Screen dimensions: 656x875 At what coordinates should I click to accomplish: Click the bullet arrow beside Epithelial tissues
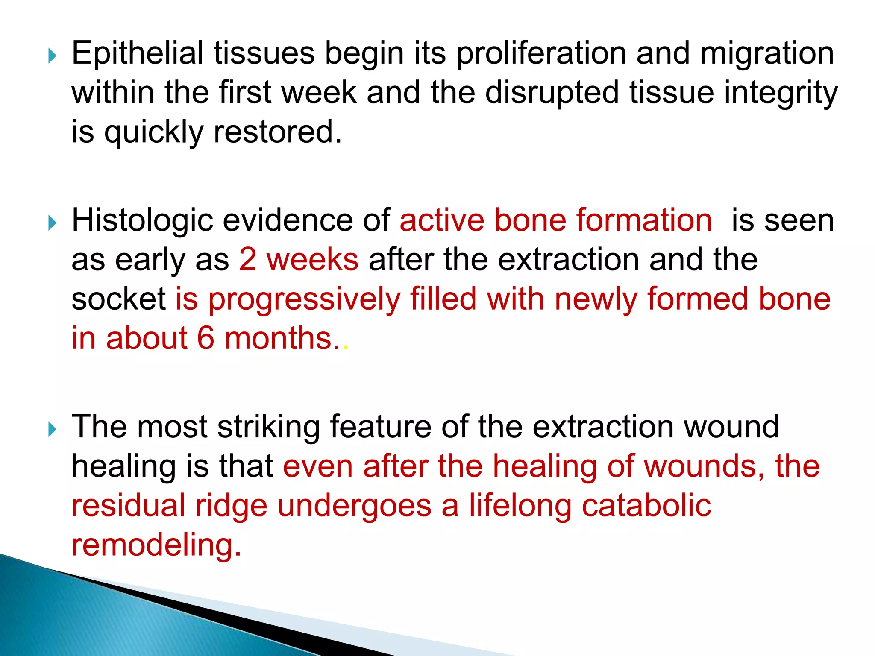click(x=52, y=56)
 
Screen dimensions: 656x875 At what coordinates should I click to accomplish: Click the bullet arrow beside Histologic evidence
click(x=52, y=223)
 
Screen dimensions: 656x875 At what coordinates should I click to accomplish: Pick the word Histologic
click(x=142, y=220)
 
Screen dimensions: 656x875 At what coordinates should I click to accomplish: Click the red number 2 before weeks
click(x=247, y=260)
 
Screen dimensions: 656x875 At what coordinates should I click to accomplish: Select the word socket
click(x=118, y=299)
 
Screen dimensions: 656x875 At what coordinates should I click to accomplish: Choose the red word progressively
click(x=305, y=299)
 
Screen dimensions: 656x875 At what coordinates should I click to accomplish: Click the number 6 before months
click(x=206, y=338)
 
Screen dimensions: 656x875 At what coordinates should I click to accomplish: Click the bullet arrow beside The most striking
click(x=52, y=429)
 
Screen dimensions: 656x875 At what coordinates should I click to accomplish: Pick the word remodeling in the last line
click(x=156, y=545)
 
